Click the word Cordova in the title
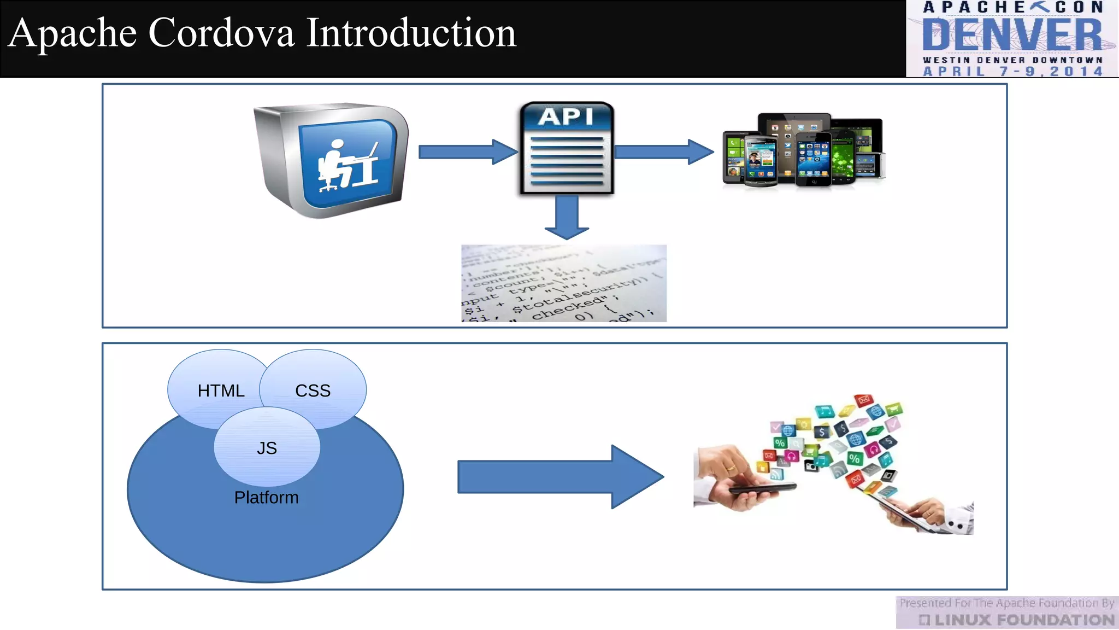point(221,33)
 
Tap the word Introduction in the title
point(411,33)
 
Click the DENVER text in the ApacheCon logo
point(1012,35)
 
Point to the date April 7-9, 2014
point(1012,71)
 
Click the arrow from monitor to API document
point(467,151)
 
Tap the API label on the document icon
point(566,116)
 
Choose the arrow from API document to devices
point(663,151)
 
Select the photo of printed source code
point(564,283)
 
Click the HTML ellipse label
point(221,390)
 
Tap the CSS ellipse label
point(313,390)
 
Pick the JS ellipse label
point(267,448)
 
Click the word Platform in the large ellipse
point(266,497)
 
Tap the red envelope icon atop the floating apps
point(863,400)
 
